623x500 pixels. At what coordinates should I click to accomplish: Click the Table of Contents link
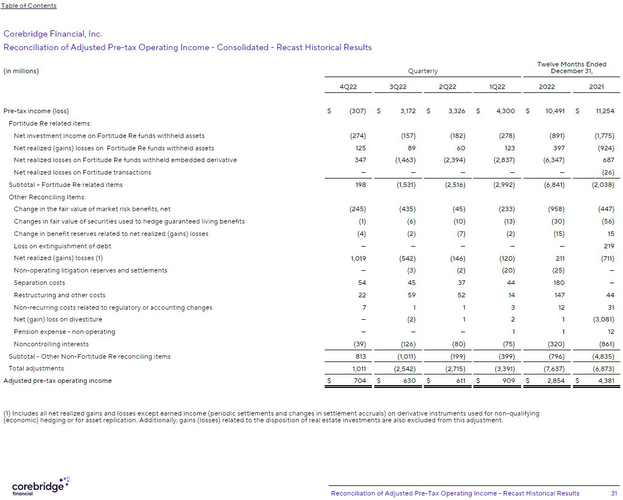tap(29, 6)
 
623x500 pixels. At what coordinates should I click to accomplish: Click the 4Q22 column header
tap(348, 87)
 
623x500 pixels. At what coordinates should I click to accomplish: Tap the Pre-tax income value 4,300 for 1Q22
tap(505, 111)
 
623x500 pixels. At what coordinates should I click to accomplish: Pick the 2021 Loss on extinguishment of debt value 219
tap(608, 246)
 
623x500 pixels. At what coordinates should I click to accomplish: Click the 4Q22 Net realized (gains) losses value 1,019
tap(358, 258)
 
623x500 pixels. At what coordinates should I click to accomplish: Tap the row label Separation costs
tap(39, 283)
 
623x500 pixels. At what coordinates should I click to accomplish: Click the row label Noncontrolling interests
tap(51, 344)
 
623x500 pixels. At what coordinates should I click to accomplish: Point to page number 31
tap(614, 493)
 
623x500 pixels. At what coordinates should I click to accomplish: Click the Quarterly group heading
tap(423, 71)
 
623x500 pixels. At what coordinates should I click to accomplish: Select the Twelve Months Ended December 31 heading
tap(571, 68)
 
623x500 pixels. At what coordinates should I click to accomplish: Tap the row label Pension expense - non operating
tap(64, 332)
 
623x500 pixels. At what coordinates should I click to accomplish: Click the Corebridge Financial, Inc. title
tap(53, 34)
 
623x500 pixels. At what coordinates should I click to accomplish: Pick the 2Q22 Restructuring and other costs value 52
tap(460, 295)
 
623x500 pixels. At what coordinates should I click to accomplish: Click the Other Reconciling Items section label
tap(47, 197)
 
